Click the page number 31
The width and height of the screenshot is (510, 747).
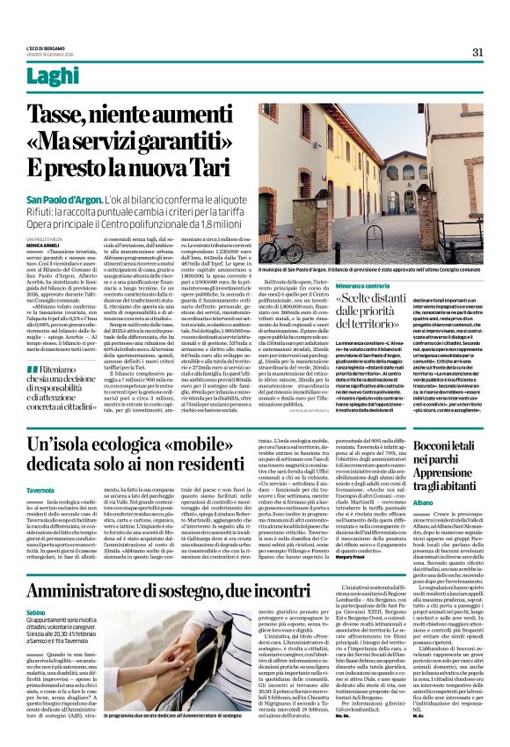point(477,52)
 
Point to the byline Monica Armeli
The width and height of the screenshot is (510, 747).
point(43,245)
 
